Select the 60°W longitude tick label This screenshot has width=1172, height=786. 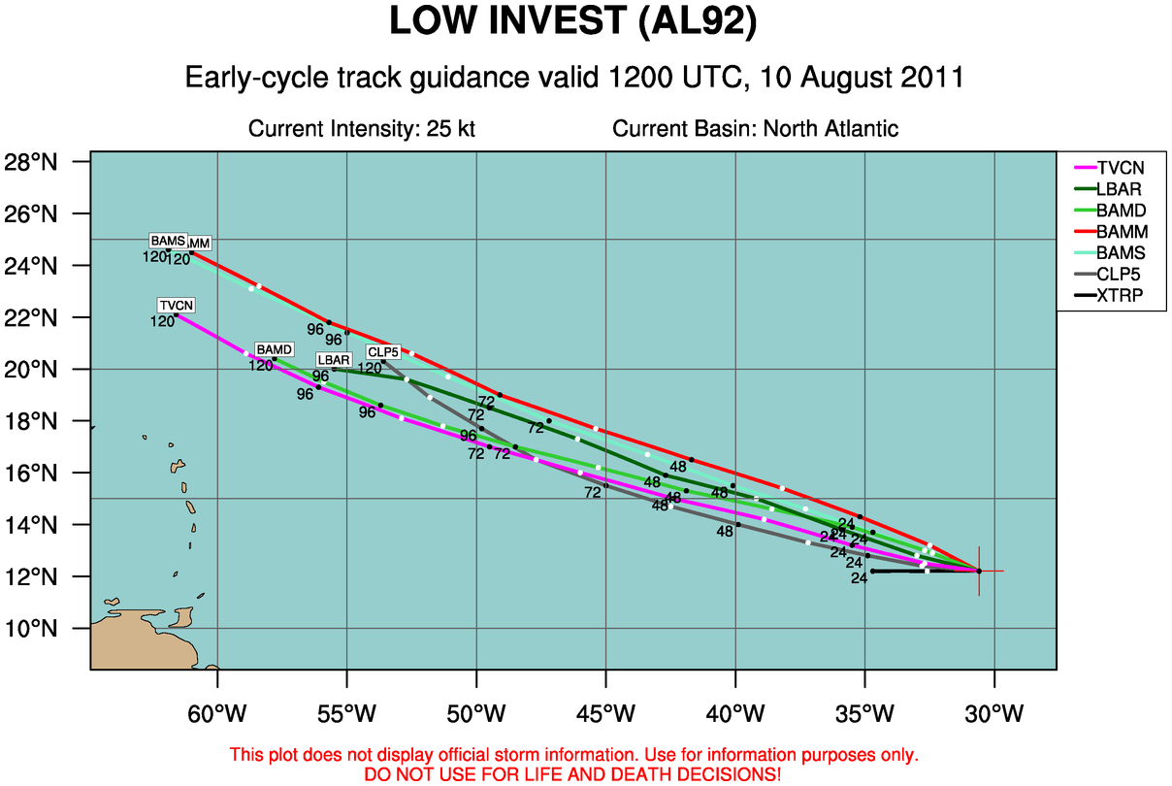(216, 716)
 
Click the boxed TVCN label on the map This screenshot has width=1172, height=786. (178, 305)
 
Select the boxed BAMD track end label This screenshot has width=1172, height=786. (273, 349)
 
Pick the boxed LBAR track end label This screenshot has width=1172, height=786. (333, 360)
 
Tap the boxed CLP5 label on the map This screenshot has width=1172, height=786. (382, 351)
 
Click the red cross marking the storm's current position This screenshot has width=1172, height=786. (979, 571)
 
